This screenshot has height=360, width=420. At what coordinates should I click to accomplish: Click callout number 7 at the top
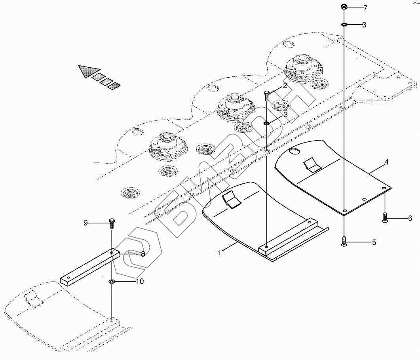pyautogui.click(x=365, y=8)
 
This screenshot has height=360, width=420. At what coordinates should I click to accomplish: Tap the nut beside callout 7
pyautogui.click(x=344, y=7)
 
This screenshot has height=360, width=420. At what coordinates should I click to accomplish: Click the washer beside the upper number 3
pyautogui.click(x=344, y=25)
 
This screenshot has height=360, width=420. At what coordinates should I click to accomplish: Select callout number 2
pyautogui.click(x=285, y=86)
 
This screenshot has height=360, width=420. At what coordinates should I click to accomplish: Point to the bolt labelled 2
pyautogui.click(x=267, y=95)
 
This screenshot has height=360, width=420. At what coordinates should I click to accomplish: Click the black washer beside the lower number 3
pyautogui.click(x=267, y=124)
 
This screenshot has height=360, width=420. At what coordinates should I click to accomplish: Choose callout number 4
pyautogui.click(x=386, y=162)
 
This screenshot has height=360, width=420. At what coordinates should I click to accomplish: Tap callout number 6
pyautogui.click(x=410, y=218)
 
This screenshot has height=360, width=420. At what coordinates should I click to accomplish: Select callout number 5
pyautogui.click(x=374, y=242)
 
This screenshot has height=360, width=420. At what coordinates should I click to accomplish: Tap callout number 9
pyautogui.click(x=86, y=223)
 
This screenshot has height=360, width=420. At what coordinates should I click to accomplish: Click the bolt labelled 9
pyautogui.click(x=111, y=223)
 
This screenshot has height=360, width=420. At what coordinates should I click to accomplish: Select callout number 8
pyautogui.click(x=142, y=254)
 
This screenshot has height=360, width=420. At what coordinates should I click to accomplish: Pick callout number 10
pyautogui.click(x=139, y=282)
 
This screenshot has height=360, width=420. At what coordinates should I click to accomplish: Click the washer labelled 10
pyautogui.click(x=112, y=282)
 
